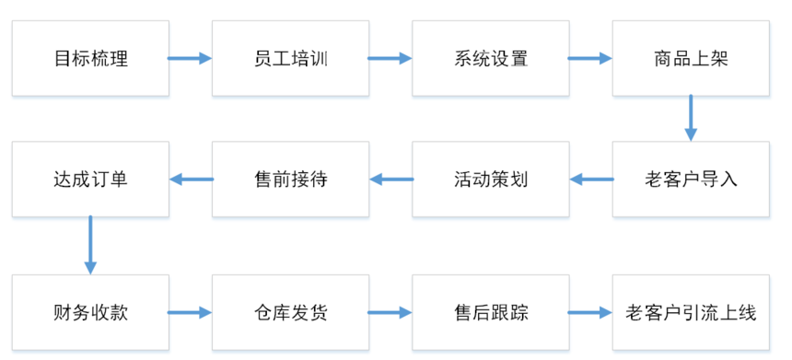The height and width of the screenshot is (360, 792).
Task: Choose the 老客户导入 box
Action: (690, 179)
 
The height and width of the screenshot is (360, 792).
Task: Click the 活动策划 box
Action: (490, 179)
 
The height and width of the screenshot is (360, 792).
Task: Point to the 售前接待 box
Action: (290, 179)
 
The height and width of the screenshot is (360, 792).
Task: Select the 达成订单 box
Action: (90, 179)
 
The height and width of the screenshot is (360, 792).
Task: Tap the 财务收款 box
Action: (90, 312)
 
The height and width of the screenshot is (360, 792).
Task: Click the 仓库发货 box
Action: (290, 312)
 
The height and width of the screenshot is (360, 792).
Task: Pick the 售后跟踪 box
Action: (490, 312)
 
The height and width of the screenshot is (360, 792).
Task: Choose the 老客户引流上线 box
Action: (690, 312)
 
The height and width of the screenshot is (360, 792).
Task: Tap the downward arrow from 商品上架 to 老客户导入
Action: (690, 118)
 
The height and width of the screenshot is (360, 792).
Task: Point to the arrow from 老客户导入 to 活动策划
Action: (591, 179)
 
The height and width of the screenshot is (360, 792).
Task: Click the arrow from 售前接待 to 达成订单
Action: (192, 179)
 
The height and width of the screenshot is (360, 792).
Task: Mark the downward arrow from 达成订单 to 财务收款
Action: (90, 244)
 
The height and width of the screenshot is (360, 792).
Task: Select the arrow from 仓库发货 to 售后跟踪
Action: (390, 312)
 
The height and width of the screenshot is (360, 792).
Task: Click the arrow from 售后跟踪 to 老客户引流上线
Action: (589, 312)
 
